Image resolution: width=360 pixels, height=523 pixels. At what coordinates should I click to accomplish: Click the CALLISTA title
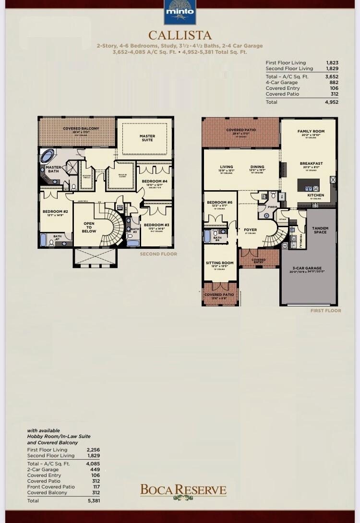click(x=180, y=35)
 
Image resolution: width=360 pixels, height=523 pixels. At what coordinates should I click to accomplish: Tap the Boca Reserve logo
click(x=183, y=491)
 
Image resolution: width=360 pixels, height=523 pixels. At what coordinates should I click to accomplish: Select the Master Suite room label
click(x=147, y=138)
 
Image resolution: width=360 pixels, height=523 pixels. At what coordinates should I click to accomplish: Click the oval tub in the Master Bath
click(x=48, y=156)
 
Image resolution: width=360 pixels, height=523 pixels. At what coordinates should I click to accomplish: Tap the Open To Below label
click(x=89, y=227)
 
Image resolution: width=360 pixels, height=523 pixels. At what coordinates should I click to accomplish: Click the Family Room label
click(x=311, y=131)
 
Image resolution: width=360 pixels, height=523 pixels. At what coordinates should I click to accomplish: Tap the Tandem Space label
click(x=320, y=230)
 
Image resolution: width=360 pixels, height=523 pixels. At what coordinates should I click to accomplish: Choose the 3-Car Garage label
click(x=307, y=268)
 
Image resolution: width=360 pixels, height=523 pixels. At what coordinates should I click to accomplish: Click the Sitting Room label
click(x=219, y=263)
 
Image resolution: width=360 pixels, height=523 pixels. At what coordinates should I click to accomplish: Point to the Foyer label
click(x=250, y=230)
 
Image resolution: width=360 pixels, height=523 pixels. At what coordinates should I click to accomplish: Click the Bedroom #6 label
click(x=219, y=203)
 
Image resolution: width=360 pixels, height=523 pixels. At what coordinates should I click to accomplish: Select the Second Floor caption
click(x=158, y=254)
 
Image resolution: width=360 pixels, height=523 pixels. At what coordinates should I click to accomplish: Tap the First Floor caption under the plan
click(x=325, y=311)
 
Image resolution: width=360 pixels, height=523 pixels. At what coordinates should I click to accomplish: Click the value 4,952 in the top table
click(x=331, y=102)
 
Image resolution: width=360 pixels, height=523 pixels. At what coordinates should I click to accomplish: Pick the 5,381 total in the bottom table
click(x=93, y=501)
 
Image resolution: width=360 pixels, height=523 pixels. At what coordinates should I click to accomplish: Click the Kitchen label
click(x=315, y=195)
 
